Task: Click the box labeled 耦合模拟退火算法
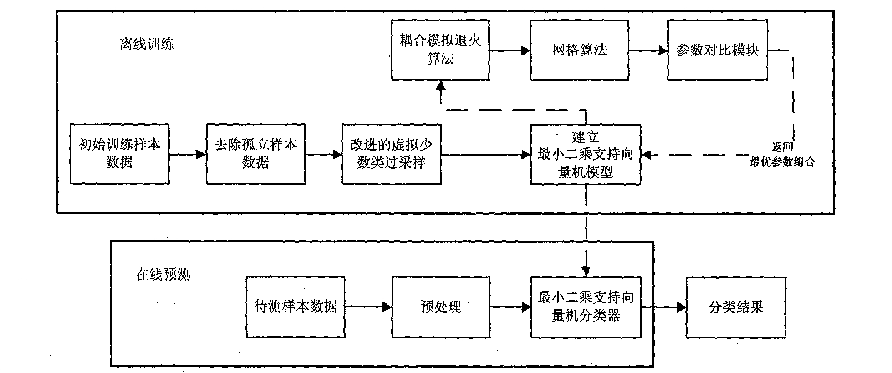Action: tap(440, 50)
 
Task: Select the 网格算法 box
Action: tap(579, 50)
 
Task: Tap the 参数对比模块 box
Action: tap(717, 50)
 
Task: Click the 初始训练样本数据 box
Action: tap(119, 154)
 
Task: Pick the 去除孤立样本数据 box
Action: tap(255, 154)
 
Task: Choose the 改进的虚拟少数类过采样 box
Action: tap(391, 154)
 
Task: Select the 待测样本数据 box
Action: tap(295, 307)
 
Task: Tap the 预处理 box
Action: tap(440, 307)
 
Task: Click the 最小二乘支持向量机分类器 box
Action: tap(586, 307)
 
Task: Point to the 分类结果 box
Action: tap(735, 307)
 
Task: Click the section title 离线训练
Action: tap(147, 44)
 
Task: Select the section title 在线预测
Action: tap(163, 275)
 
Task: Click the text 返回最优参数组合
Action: tap(782, 155)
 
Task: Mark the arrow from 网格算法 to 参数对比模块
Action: tap(648, 50)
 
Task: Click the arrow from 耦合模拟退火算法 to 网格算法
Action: tap(510, 50)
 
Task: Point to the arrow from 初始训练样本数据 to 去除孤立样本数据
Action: tap(188, 155)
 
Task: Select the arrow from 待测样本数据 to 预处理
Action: tap(368, 307)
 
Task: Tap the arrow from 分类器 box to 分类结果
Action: tap(663, 307)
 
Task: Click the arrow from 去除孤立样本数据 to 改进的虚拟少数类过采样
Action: tap(323, 155)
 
